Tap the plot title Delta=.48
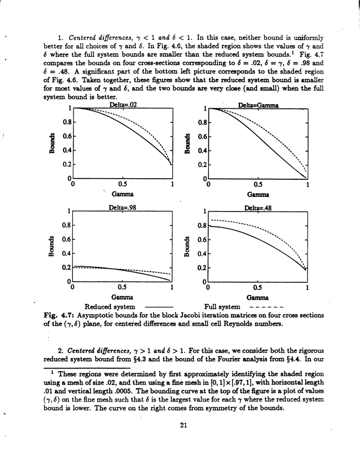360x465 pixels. click(257, 208)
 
